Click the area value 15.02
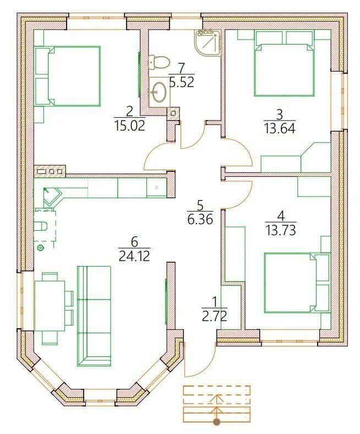click(x=129, y=127)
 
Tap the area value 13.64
click(x=280, y=128)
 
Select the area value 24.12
click(x=134, y=256)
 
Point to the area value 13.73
click(x=281, y=230)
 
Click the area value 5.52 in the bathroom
click(x=182, y=82)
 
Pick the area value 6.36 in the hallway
click(x=200, y=220)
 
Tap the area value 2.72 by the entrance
click(x=215, y=316)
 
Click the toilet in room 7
click(x=159, y=63)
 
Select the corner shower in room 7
click(x=208, y=43)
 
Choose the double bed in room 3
click(x=285, y=63)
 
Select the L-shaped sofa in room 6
click(x=94, y=316)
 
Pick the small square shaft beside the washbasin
click(x=173, y=113)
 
